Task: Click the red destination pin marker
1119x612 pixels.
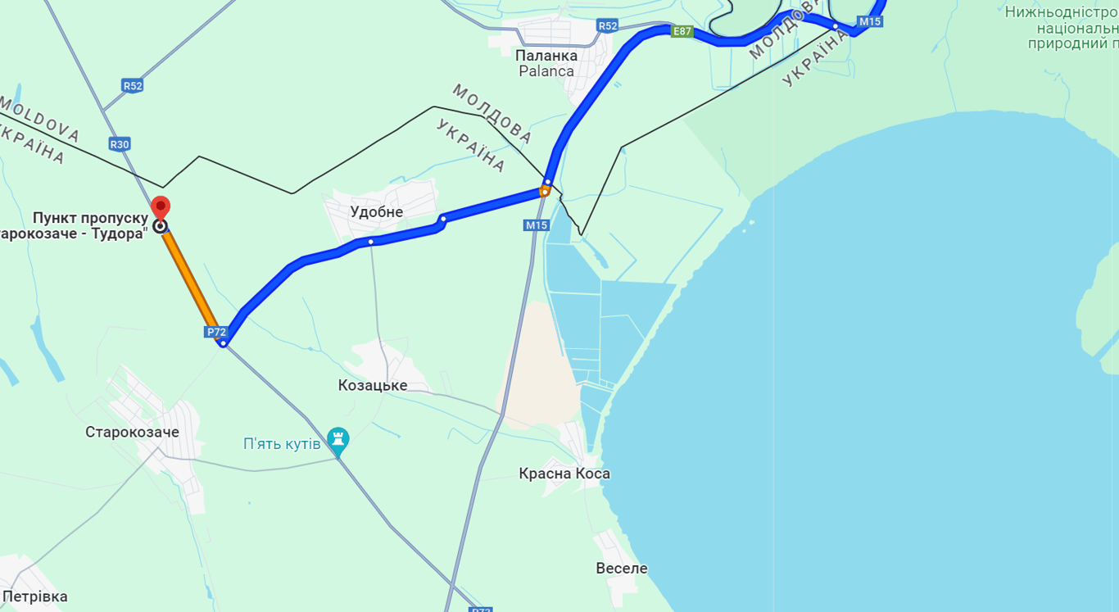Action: pyautogui.click(x=161, y=206)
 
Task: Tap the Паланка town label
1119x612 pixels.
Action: pyautogui.click(x=546, y=56)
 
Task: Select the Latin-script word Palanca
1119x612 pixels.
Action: pyautogui.click(x=546, y=71)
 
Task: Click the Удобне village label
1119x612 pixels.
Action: pyautogui.click(x=377, y=212)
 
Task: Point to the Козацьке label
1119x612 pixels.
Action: pyautogui.click(x=373, y=385)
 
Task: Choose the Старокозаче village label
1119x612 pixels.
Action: pyautogui.click(x=132, y=432)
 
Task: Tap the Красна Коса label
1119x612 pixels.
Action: pyautogui.click(x=564, y=474)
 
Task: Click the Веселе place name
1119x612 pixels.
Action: pyautogui.click(x=622, y=568)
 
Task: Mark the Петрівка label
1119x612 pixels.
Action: pyautogui.click(x=35, y=596)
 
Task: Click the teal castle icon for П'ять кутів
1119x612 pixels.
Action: pyautogui.click(x=338, y=441)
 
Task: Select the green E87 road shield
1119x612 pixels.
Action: pyautogui.click(x=682, y=32)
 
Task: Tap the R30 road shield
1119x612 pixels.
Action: pyautogui.click(x=120, y=144)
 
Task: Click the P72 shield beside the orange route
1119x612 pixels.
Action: pyautogui.click(x=216, y=332)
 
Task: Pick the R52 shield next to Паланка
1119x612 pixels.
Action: pyautogui.click(x=607, y=26)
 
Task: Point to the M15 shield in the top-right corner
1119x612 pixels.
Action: pyautogui.click(x=870, y=21)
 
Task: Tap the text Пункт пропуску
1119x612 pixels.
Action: pyautogui.click(x=90, y=218)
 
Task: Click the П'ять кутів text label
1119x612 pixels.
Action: pyautogui.click(x=282, y=443)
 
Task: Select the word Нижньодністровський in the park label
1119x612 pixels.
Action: pyautogui.click(x=1062, y=11)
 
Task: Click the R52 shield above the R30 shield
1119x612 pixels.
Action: pyautogui.click(x=133, y=85)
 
